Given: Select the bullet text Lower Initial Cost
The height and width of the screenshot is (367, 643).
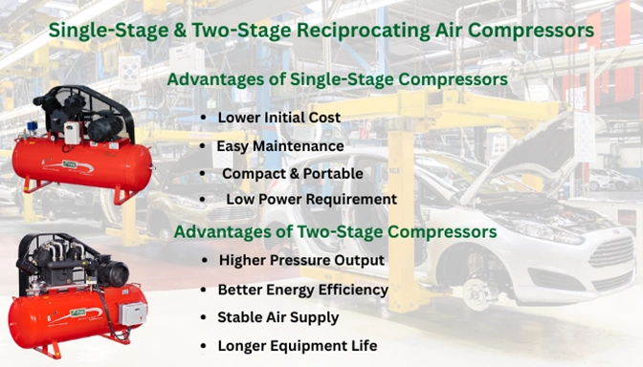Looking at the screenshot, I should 278,118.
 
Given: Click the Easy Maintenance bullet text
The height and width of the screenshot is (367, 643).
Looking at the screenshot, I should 279,146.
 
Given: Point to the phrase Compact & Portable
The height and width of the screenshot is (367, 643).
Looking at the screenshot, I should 292,173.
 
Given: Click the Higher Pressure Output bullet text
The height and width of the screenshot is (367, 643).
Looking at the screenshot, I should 301,260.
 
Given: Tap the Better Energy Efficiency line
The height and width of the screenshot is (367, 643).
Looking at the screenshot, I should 302,289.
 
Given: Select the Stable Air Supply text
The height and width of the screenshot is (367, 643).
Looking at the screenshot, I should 278,316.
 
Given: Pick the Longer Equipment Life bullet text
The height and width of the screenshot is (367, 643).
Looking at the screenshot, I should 297,345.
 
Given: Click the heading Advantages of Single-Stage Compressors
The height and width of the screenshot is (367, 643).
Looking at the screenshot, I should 337,79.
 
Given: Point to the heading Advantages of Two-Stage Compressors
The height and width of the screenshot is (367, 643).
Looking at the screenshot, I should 334,231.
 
